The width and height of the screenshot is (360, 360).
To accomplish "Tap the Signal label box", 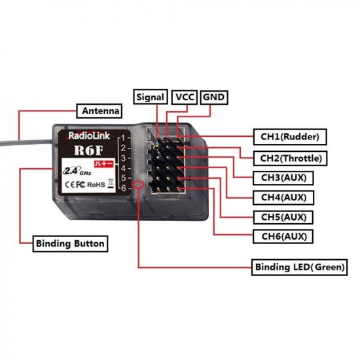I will coord(151,97).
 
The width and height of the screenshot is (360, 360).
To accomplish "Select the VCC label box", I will coord(184,97).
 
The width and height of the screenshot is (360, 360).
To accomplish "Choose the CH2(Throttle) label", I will coord(290,158).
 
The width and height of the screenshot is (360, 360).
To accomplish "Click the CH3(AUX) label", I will coord(282,177).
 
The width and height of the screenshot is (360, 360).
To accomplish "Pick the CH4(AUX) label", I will coord(282,197).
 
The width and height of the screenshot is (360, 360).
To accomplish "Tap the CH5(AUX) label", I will coord(282,217).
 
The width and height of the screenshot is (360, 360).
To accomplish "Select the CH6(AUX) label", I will coord(282,236).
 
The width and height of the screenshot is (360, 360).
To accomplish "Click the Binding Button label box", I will coord(70,244).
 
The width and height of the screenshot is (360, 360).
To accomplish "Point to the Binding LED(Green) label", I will coord(299,267).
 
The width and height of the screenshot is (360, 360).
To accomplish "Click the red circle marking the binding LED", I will coord(139,187).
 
